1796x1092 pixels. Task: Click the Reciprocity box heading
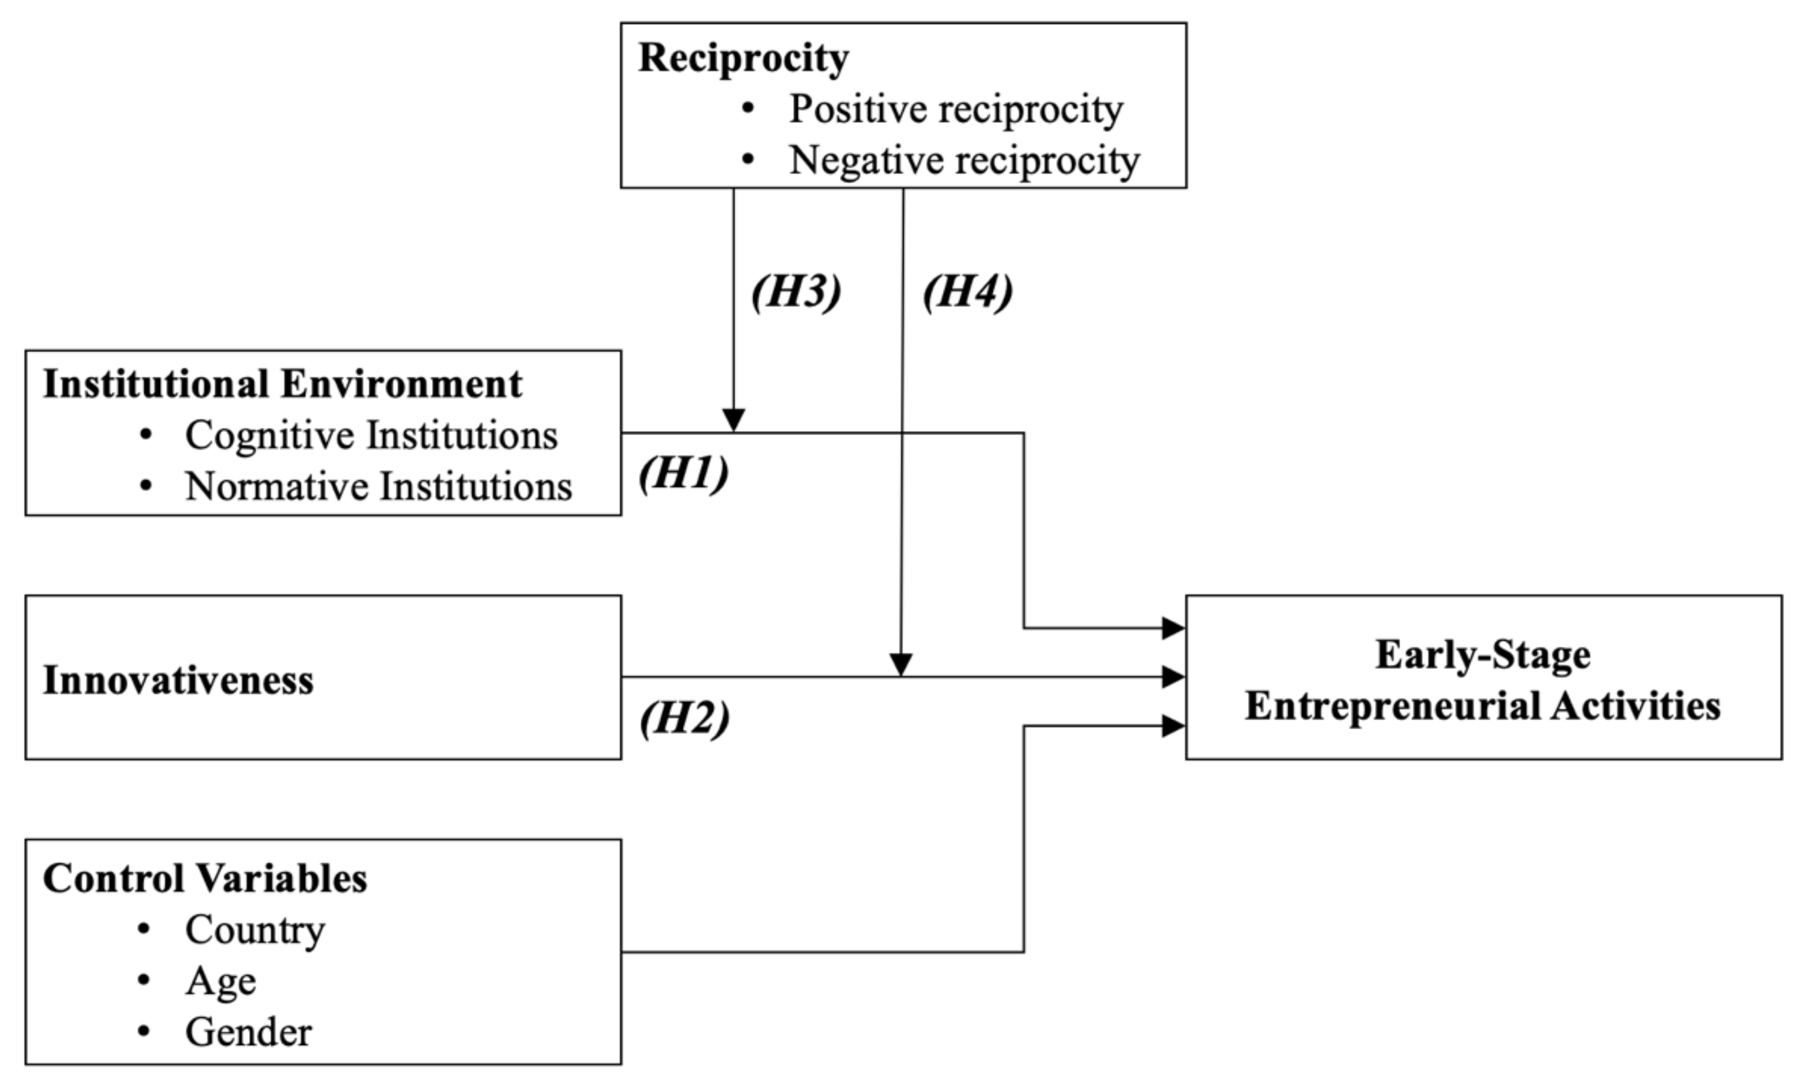(x=743, y=58)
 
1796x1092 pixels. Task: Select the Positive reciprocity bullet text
(x=956, y=110)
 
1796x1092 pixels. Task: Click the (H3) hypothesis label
(x=796, y=292)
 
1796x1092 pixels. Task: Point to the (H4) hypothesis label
(x=967, y=292)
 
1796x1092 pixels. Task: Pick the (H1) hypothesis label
(x=683, y=473)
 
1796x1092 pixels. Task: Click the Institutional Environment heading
(x=282, y=384)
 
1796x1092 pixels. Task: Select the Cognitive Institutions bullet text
(x=371, y=435)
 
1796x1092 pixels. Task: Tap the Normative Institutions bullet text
(x=378, y=487)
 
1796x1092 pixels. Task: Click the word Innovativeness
(x=178, y=681)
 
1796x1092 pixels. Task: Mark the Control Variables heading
(x=205, y=878)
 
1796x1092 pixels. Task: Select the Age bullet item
(x=220, y=982)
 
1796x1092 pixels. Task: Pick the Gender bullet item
(x=248, y=1033)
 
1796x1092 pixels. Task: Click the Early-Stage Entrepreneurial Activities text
(x=1483, y=680)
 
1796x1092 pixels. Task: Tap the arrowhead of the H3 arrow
(x=733, y=420)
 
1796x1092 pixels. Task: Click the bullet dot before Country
(x=143, y=929)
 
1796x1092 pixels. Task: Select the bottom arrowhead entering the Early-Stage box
(x=1174, y=726)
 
